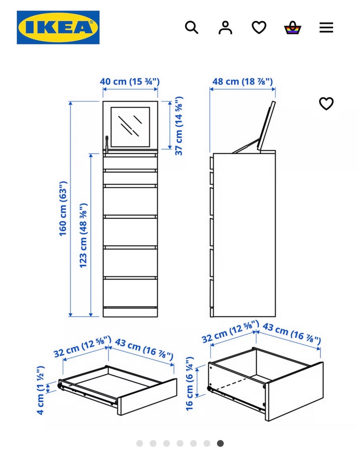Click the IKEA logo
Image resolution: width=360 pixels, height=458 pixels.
[x=58, y=27]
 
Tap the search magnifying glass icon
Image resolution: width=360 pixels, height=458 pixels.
[x=192, y=27]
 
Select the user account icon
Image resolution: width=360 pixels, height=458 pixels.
[x=225, y=27]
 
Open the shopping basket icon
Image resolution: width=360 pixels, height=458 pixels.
[x=293, y=28]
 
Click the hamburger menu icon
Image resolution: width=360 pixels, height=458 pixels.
[x=326, y=27]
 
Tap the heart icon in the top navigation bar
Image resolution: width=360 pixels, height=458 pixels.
[x=259, y=27]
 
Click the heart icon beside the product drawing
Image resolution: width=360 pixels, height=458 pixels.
[x=326, y=103]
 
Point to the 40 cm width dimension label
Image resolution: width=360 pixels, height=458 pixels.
[x=130, y=82]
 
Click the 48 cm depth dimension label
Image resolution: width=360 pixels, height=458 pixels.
[x=243, y=82]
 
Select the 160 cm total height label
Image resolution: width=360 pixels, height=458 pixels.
[x=63, y=209]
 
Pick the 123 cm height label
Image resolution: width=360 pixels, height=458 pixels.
[x=83, y=236]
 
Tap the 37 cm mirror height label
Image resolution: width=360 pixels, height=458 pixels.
[x=179, y=126]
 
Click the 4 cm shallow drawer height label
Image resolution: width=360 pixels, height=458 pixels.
[x=40, y=391]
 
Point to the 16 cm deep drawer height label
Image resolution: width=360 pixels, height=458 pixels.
[x=189, y=384]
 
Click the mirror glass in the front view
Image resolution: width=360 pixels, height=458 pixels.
[x=130, y=127]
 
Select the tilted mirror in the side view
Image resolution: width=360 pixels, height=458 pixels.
[x=266, y=126]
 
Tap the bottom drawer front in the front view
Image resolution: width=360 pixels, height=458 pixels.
[x=130, y=293]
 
